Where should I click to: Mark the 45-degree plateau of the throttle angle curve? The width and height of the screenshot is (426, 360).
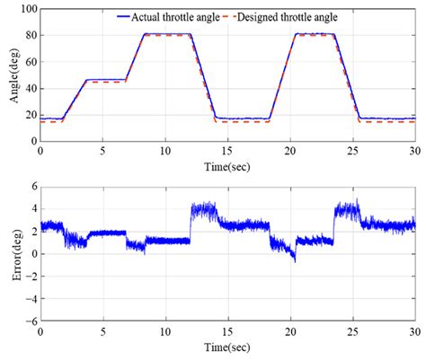107,80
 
